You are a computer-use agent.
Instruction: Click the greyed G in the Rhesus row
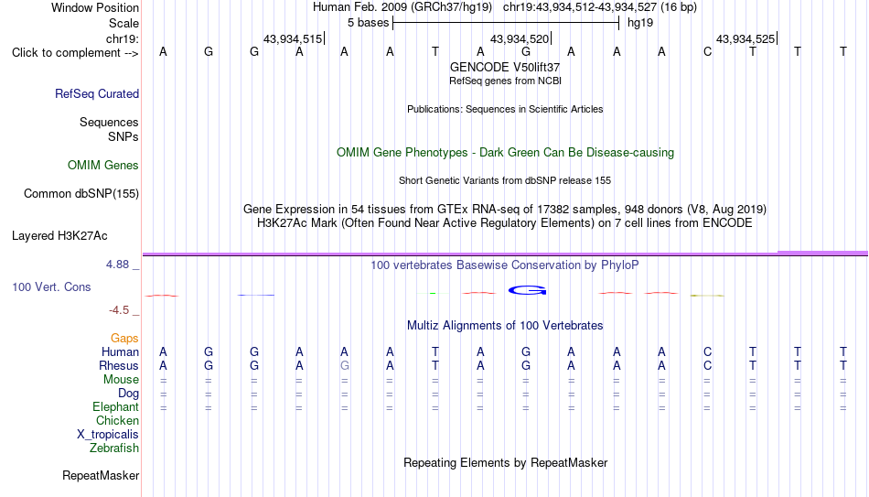[x=345, y=365]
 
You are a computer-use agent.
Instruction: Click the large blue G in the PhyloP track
[x=527, y=290]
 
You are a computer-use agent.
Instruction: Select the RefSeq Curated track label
[x=97, y=93]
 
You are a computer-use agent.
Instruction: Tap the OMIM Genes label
[x=103, y=166]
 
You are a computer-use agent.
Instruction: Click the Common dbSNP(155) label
[x=81, y=194]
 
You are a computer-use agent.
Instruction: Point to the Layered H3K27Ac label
[x=59, y=236]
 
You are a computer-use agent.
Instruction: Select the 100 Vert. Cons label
[x=51, y=286]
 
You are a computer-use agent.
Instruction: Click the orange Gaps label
[x=124, y=339]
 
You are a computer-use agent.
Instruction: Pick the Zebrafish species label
[x=114, y=448]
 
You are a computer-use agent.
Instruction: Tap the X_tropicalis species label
[x=108, y=435]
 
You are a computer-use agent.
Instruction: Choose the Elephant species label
[x=116, y=407]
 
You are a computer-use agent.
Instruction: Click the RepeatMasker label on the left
[x=101, y=475]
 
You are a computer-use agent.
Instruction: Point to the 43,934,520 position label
[x=520, y=38]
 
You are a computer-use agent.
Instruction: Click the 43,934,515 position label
[x=293, y=38]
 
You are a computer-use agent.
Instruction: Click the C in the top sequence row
[x=707, y=51]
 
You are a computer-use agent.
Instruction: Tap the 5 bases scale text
[x=368, y=23]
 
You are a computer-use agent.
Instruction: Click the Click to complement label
[x=75, y=53]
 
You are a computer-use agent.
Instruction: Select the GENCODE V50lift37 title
[x=505, y=67]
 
